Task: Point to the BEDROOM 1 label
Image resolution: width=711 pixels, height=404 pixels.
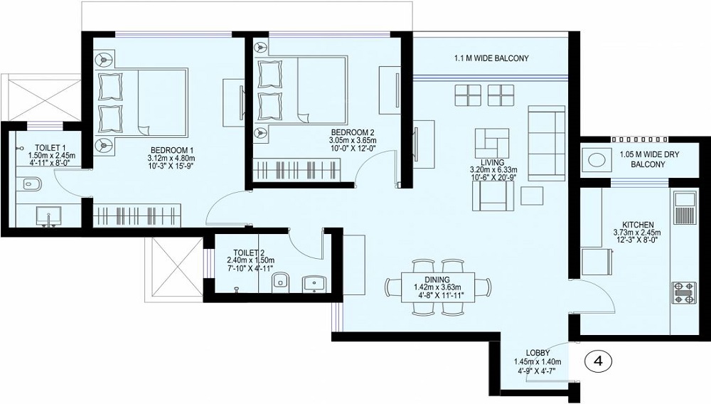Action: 171,149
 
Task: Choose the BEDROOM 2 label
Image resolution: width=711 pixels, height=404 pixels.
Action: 352,132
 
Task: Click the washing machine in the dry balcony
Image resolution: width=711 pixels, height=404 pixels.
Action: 595,159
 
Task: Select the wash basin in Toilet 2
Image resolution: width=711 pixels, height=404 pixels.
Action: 313,284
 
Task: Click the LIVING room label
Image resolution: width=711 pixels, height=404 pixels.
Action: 492,161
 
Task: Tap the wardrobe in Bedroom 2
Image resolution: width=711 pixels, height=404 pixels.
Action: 299,171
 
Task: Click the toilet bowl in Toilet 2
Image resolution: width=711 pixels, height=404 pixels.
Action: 280,282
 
